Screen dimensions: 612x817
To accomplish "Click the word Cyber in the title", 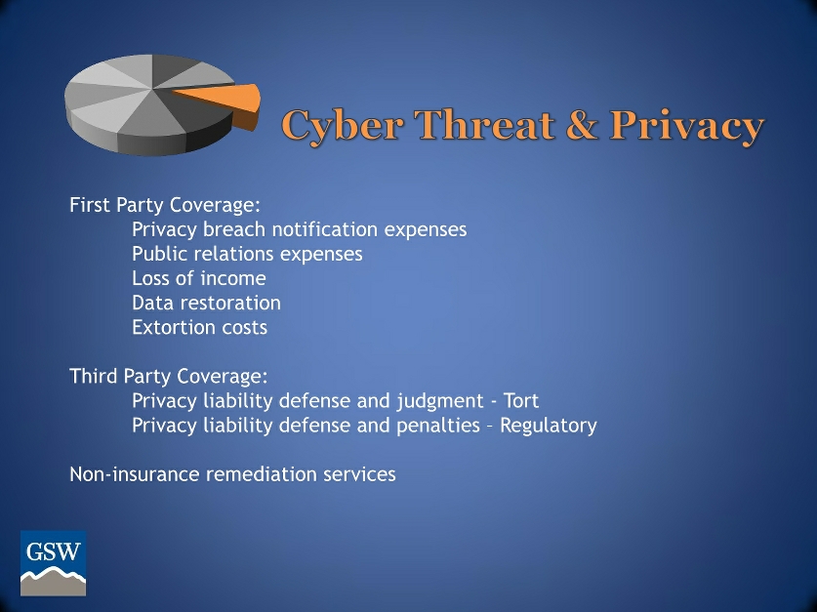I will (341, 127).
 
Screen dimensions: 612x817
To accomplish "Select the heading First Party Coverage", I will (165, 206).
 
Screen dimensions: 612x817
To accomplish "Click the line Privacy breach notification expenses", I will (299, 230).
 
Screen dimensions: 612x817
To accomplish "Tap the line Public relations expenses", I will (247, 255).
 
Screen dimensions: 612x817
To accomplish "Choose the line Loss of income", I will (198, 279).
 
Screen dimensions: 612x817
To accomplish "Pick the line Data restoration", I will (206, 304).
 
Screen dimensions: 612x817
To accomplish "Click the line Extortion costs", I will (199, 328).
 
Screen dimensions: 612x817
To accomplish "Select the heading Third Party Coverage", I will (168, 377).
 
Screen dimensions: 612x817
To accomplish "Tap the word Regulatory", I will (548, 426).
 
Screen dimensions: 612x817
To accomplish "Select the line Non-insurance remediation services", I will (232, 474).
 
